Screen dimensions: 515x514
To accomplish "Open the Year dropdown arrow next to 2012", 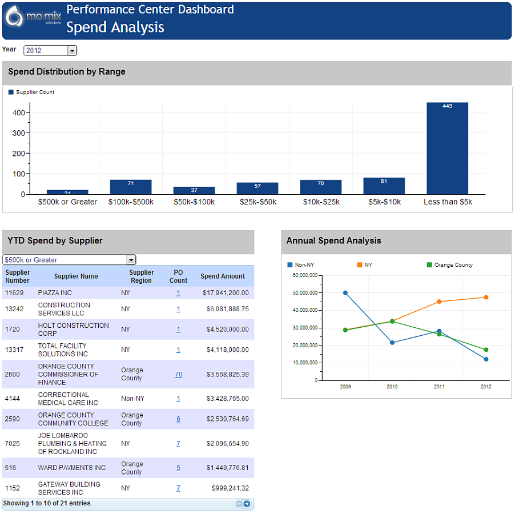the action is pyautogui.click(x=72, y=51).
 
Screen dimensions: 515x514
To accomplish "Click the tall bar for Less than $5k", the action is pyautogui.click(x=447, y=148).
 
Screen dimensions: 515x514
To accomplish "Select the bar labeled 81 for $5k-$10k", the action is pyautogui.click(x=384, y=186).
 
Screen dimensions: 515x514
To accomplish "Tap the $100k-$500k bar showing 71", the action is pyautogui.click(x=131, y=187).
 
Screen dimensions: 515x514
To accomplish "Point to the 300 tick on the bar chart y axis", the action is pyautogui.click(x=18, y=133).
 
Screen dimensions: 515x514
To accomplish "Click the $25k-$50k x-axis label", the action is pyautogui.click(x=258, y=202).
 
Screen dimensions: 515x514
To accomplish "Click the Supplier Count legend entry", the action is pyautogui.click(x=31, y=92).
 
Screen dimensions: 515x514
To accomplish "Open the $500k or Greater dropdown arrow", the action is pyautogui.click(x=131, y=260).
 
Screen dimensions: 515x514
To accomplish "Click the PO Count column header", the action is pyautogui.click(x=178, y=276).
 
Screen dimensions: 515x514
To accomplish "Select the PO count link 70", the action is pyautogui.click(x=178, y=374).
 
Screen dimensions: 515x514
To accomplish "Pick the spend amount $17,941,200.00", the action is pyautogui.click(x=226, y=292).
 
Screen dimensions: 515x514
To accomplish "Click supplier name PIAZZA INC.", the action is pyautogui.click(x=55, y=292).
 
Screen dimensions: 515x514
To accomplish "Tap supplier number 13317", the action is pyautogui.click(x=14, y=350).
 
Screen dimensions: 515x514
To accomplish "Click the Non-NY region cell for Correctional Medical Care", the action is pyautogui.click(x=132, y=399).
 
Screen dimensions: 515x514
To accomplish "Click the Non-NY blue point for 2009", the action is pyautogui.click(x=345, y=292).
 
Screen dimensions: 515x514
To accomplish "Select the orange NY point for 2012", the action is pyautogui.click(x=486, y=297).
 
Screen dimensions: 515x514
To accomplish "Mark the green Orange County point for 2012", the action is pyautogui.click(x=486, y=350).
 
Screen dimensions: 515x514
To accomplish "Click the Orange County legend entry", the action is pyautogui.click(x=450, y=265).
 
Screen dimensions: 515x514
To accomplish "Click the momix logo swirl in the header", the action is pyautogui.click(x=14, y=16).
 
